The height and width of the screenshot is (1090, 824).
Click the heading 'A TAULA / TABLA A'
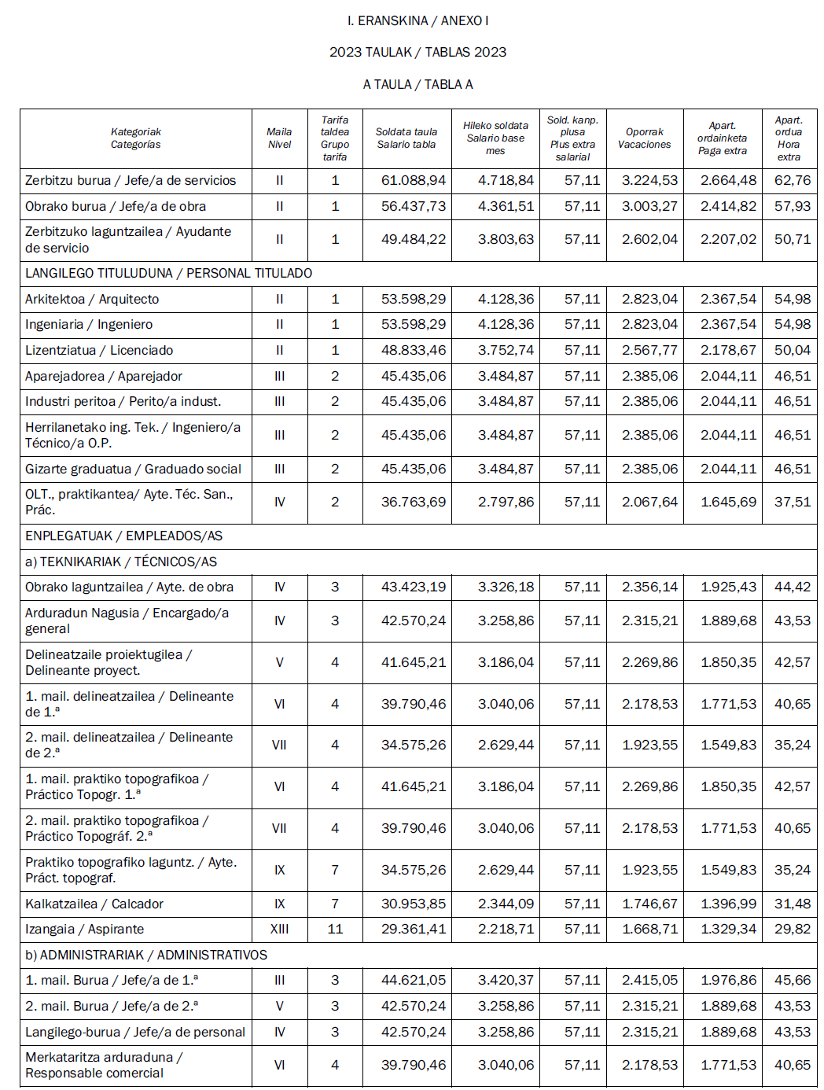(418, 84)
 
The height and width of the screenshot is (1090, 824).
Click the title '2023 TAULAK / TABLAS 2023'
(418, 52)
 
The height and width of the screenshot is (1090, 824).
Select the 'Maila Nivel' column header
(279, 138)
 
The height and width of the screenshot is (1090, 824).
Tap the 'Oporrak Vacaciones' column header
(644, 138)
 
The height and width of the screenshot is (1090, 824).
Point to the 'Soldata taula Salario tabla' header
(406, 138)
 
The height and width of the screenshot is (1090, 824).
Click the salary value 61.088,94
(413, 181)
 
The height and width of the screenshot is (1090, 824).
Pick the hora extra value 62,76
(792, 181)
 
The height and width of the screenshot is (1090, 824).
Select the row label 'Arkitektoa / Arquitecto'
(92, 300)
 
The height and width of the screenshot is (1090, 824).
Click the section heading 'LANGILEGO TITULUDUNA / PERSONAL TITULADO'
(168, 274)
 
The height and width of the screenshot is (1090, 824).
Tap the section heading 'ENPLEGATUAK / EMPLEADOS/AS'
(123, 536)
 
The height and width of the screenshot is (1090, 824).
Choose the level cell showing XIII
(279, 930)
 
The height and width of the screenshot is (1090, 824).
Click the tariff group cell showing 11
(335, 930)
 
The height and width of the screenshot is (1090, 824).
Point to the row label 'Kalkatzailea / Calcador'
(94, 904)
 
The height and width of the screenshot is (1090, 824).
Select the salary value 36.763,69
(413, 503)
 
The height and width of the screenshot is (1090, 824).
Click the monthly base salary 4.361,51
(506, 207)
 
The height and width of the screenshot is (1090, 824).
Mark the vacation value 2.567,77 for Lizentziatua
(649, 351)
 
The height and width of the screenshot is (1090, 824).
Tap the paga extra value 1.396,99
(728, 904)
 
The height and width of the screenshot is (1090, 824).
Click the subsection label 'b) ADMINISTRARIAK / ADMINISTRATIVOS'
(146, 956)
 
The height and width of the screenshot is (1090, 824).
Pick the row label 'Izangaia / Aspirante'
(84, 930)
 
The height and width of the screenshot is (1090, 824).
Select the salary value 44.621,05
(413, 981)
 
